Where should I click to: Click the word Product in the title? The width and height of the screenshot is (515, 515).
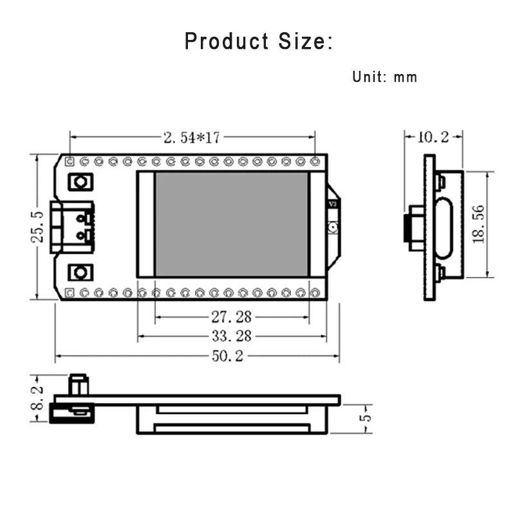click(x=227, y=41)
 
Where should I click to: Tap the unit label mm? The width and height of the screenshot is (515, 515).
click(x=406, y=77)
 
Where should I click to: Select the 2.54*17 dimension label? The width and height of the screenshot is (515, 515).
click(x=192, y=137)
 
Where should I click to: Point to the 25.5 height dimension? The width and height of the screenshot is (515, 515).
click(x=37, y=227)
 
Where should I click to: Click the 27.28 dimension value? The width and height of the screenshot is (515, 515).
click(x=231, y=317)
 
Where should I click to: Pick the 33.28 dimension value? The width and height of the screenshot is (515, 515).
click(x=231, y=336)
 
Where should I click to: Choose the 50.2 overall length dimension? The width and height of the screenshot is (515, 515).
click(x=227, y=356)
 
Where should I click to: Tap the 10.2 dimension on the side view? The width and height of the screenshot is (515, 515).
click(x=433, y=137)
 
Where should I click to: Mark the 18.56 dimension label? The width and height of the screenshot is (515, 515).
click(x=478, y=224)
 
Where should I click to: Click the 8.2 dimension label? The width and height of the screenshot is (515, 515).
click(x=37, y=398)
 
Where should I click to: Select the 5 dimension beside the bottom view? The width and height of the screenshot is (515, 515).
click(x=365, y=418)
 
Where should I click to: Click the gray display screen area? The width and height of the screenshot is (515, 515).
click(x=232, y=224)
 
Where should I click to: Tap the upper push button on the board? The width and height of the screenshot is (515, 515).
click(x=80, y=182)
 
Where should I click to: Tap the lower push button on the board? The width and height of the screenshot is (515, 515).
click(x=80, y=272)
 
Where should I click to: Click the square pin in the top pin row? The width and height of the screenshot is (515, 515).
click(x=70, y=162)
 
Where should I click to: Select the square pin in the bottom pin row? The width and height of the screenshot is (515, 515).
click(x=70, y=292)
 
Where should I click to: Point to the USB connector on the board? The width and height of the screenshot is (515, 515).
click(x=72, y=227)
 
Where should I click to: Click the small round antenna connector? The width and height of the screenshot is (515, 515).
click(x=333, y=227)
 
